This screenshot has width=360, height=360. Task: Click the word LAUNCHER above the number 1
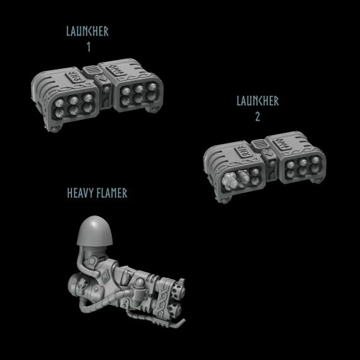[87, 31]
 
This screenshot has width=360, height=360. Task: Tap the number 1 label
[88, 47]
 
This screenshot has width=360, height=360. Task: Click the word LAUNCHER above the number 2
[258, 101]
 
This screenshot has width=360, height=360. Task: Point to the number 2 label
[258, 117]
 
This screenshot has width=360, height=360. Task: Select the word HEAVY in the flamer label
[80, 193]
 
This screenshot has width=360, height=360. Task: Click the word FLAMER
[112, 193]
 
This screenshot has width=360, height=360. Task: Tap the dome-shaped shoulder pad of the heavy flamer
[95, 231]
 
